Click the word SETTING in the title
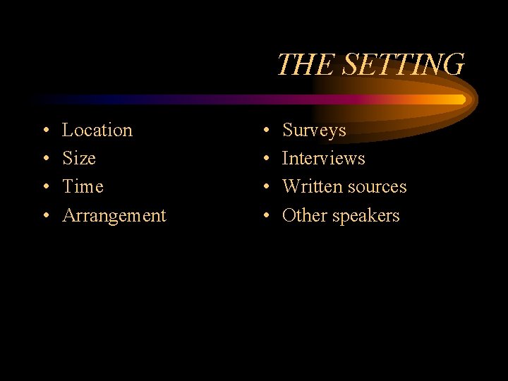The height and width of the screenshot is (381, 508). pyautogui.click(x=403, y=65)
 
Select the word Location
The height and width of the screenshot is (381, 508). pyautogui.click(x=97, y=131)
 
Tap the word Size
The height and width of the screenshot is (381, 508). pyautogui.click(x=79, y=159)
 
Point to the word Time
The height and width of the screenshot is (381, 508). pyautogui.click(x=83, y=187)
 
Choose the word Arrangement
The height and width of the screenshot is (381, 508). pyautogui.click(x=114, y=216)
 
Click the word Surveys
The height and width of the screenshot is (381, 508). pyautogui.click(x=314, y=131)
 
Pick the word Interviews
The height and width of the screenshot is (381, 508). pyautogui.click(x=324, y=159)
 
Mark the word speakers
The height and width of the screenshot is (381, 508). pyautogui.click(x=366, y=216)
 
